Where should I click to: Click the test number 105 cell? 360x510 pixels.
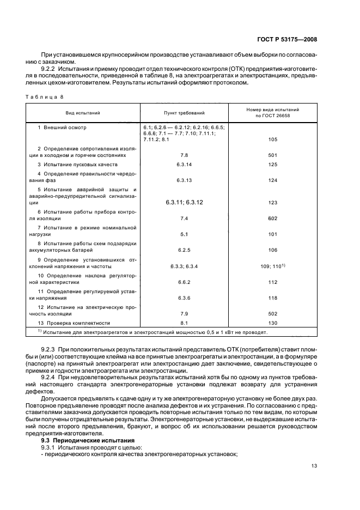273,139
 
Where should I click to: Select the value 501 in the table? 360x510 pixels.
273,155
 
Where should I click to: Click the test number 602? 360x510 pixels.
273,218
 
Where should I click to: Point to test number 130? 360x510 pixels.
273,323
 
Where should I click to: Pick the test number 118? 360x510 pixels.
273,298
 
